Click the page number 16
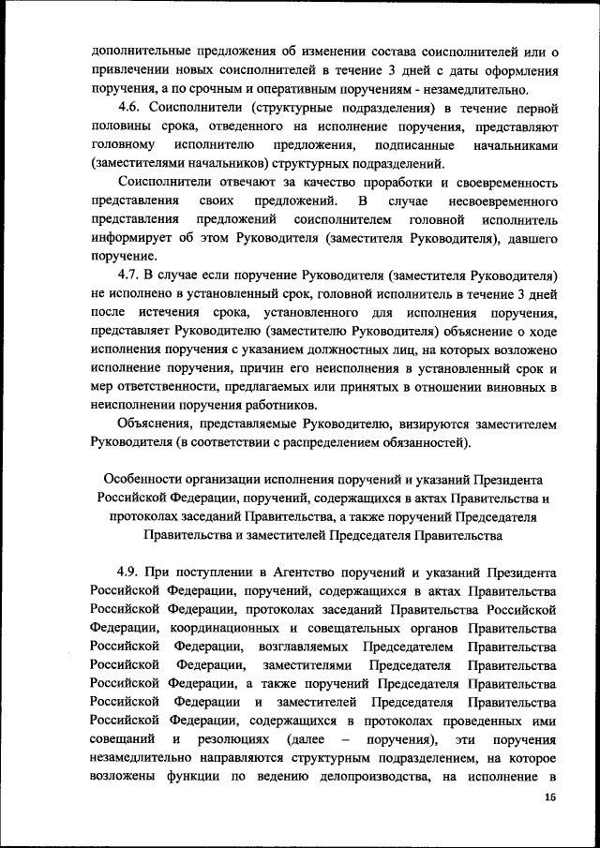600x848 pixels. (549, 797)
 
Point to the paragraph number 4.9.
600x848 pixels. (133, 572)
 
